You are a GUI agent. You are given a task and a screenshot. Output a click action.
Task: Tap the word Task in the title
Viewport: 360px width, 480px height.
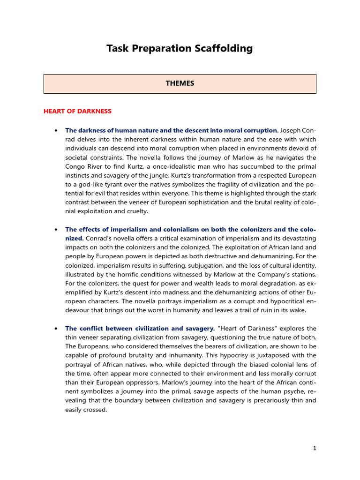pyautogui.click(x=117, y=48)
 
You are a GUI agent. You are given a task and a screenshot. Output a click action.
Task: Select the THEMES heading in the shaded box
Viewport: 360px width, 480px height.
pyautogui.click(x=180, y=83)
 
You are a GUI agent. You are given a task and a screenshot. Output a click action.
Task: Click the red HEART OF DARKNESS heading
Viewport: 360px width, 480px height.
pyautogui.click(x=77, y=111)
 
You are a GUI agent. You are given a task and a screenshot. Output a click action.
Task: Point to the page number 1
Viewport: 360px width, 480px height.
pyautogui.click(x=315, y=448)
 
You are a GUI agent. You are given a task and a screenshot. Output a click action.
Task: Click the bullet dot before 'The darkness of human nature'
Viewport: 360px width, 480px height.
pyautogui.click(x=56, y=130)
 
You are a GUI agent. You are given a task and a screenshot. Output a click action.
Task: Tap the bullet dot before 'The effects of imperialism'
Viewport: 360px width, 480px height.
pyautogui.click(x=56, y=229)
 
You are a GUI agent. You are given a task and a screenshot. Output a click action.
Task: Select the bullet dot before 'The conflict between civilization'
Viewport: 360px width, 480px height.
pyautogui.click(x=56, y=328)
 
